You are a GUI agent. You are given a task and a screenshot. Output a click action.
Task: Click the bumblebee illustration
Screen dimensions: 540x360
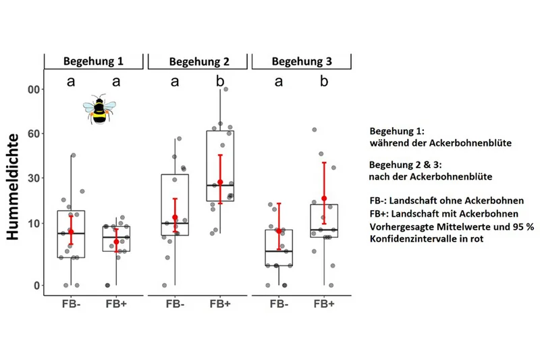(x=99, y=109)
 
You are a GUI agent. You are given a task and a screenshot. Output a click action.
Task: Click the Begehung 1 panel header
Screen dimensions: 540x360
(x=93, y=61)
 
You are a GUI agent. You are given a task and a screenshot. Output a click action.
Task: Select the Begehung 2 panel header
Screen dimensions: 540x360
(x=198, y=61)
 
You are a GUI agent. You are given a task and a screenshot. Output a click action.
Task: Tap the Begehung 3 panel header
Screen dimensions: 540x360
(x=302, y=61)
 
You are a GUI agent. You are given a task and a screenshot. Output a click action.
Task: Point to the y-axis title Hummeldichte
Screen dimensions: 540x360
(x=13, y=187)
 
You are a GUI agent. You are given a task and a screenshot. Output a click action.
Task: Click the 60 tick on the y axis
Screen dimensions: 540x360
(x=34, y=134)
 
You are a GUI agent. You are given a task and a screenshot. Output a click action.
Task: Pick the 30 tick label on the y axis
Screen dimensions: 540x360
(x=34, y=178)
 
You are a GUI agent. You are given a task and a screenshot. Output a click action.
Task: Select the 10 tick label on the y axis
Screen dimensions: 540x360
(x=34, y=224)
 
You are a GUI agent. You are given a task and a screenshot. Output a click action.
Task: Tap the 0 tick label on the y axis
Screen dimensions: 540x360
(x=37, y=286)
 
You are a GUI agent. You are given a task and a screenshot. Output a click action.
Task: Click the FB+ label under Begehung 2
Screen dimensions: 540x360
(x=220, y=304)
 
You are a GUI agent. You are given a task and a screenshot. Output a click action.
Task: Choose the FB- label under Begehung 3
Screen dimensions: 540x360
(x=279, y=304)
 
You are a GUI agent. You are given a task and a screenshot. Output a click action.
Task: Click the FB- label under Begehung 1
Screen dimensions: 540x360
(x=72, y=304)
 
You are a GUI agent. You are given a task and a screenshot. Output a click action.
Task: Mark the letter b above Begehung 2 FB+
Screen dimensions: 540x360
(x=220, y=81)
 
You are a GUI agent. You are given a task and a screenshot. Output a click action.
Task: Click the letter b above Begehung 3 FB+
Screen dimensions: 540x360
(x=324, y=81)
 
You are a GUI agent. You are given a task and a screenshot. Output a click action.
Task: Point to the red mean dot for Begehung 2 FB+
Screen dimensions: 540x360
(x=221, y=182)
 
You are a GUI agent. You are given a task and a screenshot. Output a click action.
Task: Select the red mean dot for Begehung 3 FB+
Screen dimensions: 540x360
(x=324, y=199)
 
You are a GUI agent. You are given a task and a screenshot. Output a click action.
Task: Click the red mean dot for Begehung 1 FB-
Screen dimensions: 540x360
(x=71, y=232)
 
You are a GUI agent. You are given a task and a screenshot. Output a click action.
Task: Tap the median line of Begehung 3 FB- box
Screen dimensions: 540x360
(x=279, y=251)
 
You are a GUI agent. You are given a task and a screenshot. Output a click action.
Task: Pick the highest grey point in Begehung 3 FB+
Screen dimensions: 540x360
(x=314, y=130)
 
